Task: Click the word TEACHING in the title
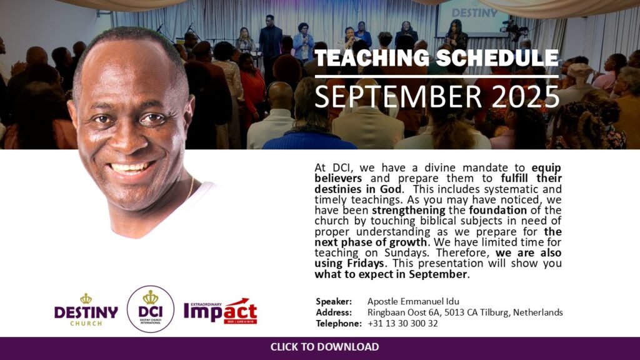click(x=372, y=58)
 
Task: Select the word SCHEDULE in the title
click(x=497, y=58)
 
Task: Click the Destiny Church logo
click(x=86, y=310)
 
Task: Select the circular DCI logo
click(x=151, y=309)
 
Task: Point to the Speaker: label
click(x=334, y=302)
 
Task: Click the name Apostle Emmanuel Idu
click(x=413, y=302)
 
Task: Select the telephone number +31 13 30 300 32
click(x=402, y=324)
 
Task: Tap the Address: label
click(x=334, y=312)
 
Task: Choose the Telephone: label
click(x=339, y=324)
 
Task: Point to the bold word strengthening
click(x=409, y=211)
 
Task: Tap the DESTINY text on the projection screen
click(x=475, y=13)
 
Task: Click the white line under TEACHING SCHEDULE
click(x=436, y=76)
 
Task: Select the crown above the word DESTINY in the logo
click(x=86, y=298)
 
